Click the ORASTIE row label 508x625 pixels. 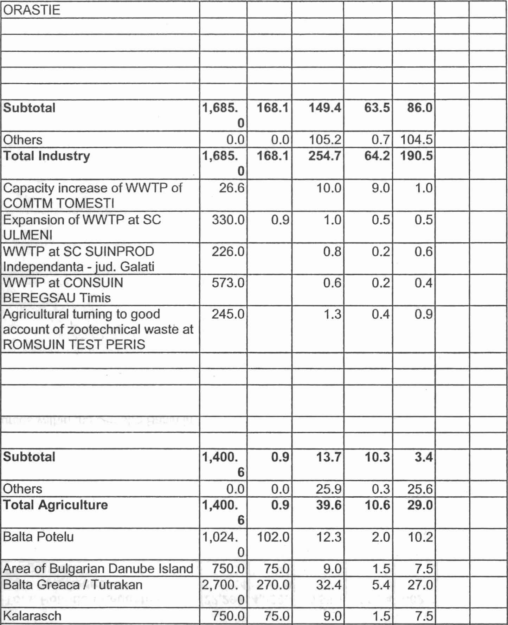(32, 10)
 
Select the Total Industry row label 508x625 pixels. (46, 156)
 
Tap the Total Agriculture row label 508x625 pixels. (55, 505)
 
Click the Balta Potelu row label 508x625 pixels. (38, 537)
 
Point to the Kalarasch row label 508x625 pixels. (32, 616)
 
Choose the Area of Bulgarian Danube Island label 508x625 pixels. (98, 569)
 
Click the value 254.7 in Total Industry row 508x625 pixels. (325, 156)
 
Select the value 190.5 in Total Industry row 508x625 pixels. (416, 156)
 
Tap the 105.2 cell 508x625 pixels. (325, 140)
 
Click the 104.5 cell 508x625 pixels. (416, 140)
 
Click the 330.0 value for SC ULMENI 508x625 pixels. (228, 220)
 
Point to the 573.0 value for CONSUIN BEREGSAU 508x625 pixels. (228, 283)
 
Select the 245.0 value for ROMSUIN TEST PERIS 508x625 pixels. (228, 314)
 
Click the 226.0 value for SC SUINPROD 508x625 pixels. (228, 252)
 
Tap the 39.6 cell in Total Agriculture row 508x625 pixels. (328, 505)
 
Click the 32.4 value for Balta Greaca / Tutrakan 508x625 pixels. (328, 585)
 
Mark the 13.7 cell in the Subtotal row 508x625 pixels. (328, 457)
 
